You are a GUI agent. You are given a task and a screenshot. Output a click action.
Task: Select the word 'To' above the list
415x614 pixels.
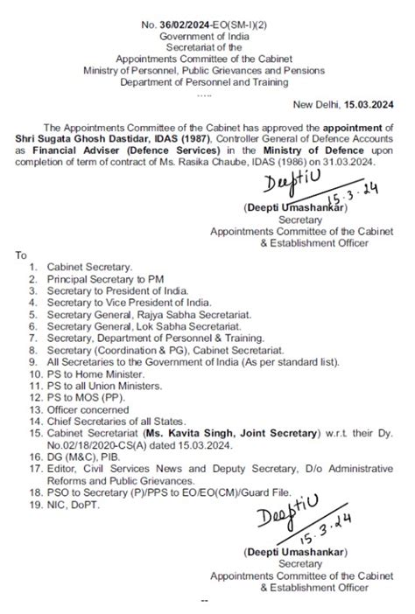20,255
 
